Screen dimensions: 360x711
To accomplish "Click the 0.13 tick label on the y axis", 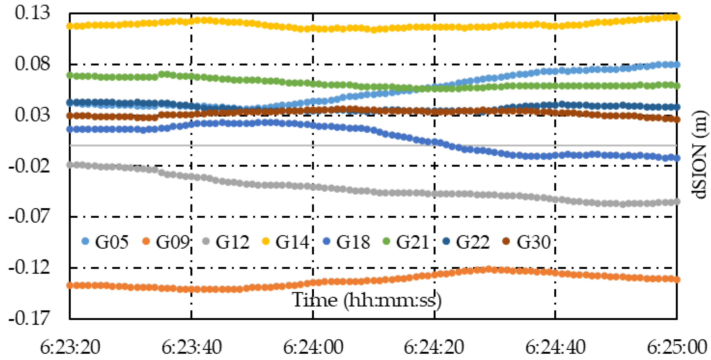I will (33, 13).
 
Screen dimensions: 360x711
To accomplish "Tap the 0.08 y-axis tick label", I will (33, 64).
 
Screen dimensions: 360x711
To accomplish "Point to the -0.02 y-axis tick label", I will (29, 166).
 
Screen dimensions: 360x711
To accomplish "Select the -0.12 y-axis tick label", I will (29, 268).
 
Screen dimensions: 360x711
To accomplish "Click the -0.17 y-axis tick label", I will (29, 318).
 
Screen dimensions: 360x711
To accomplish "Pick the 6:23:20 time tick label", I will (70, 347).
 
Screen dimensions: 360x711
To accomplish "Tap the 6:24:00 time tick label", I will (313, 347).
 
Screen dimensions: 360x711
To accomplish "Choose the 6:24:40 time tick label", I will (555, 347).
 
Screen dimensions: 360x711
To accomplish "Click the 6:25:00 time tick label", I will (677, 347).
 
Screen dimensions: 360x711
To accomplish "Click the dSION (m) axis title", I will (700, 155).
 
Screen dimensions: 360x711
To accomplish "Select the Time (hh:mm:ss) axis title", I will (366, 300).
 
